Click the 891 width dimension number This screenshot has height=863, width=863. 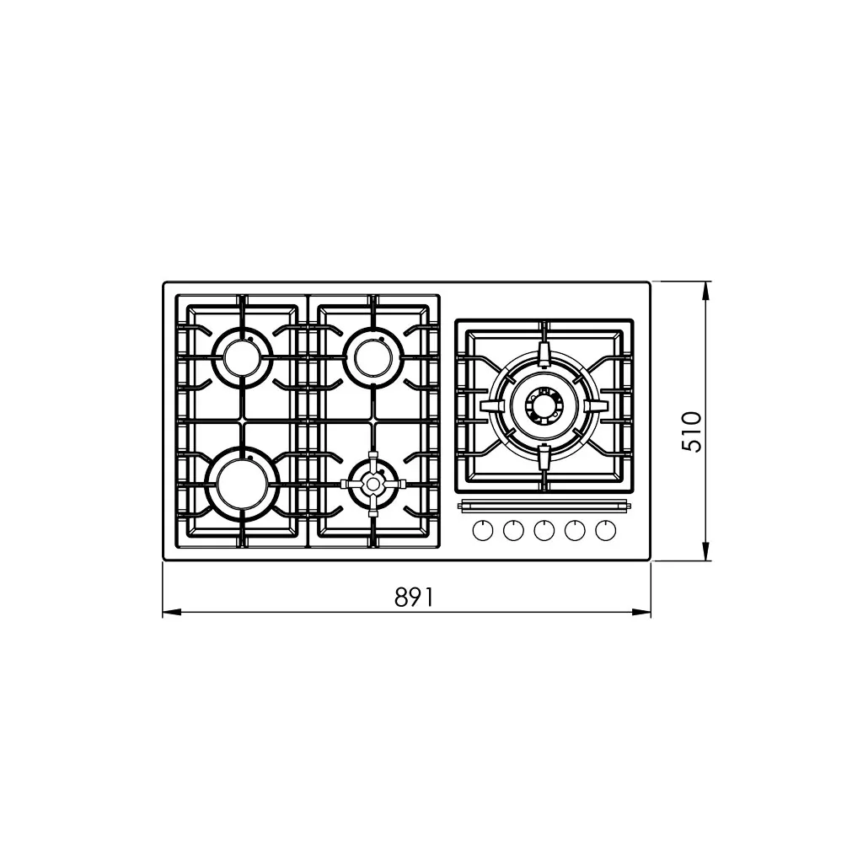point(415,597)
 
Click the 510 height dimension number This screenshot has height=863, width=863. point(692,431)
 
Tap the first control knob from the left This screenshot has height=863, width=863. point(483,531)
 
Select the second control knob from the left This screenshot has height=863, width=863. point(513,531)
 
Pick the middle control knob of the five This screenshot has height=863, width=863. point(544,531)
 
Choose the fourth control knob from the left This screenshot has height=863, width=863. point(575,531)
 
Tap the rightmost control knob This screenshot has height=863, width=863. point(605,531)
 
